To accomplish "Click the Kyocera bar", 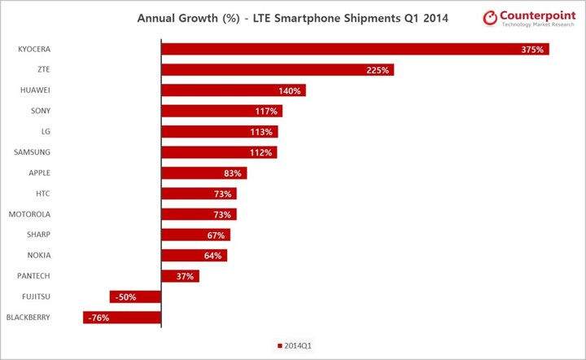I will (355, 49).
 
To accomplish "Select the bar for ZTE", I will (278, 70).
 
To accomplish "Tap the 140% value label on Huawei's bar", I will (291, 90).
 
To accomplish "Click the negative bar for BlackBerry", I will (122, 317).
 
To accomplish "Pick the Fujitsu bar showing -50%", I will (135, 296).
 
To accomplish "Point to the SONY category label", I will (40, 111).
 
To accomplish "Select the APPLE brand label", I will (38, 173).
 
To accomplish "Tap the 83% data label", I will (234, 173).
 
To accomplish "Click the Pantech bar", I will (180, 276).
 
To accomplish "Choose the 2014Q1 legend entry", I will (294, 345).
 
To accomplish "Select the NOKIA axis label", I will (38, 255).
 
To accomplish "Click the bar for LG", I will (220, 132).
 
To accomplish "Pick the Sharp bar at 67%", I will (195, 235).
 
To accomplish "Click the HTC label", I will (42, 193).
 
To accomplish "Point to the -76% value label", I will (98, 318).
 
